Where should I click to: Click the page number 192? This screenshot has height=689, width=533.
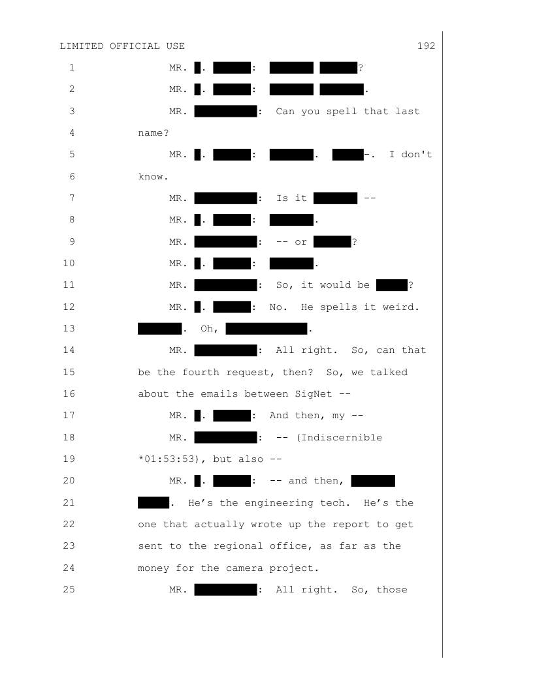pos(425,46)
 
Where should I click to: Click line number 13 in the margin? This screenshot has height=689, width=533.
pos(71,328)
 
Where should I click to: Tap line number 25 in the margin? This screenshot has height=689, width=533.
pos(71,590)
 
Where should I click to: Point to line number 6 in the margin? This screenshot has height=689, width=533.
pos(71,176)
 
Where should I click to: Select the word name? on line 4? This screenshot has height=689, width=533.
pos(153,132)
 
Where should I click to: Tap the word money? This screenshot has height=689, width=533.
pos(153,568)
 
